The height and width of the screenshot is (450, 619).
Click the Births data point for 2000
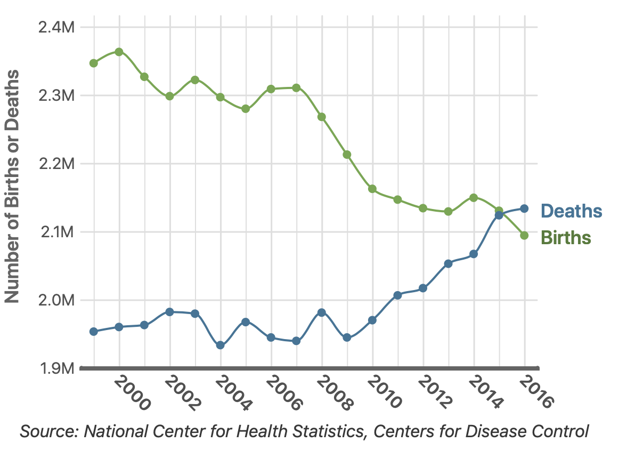click(x=119, y=52)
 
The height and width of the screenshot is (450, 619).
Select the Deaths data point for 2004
click(x=221, y=345)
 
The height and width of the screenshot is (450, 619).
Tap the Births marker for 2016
click(x=524, y=235)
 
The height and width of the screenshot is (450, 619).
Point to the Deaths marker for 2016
click(x=524, y=208)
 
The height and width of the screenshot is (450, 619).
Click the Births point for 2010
click(x=372, y=189)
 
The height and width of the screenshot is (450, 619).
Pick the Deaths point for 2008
click(x=322, y=312)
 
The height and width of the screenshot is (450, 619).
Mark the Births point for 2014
click(x=474, y=198)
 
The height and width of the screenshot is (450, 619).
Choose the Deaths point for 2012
click(x=423, y=288)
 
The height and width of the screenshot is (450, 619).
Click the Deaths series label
click(x=571, y=211)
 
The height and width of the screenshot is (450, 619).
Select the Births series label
click(x=566, y=237)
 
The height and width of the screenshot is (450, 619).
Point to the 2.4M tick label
click(x=56, y=27)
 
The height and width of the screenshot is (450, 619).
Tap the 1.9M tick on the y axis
click(x=56, y=368)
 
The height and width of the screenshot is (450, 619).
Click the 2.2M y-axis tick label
click(x=56, y=164)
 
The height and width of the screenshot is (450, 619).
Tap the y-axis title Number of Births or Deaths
click(x=13, y=187)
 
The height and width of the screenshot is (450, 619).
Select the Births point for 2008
click(x=322, y=117)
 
